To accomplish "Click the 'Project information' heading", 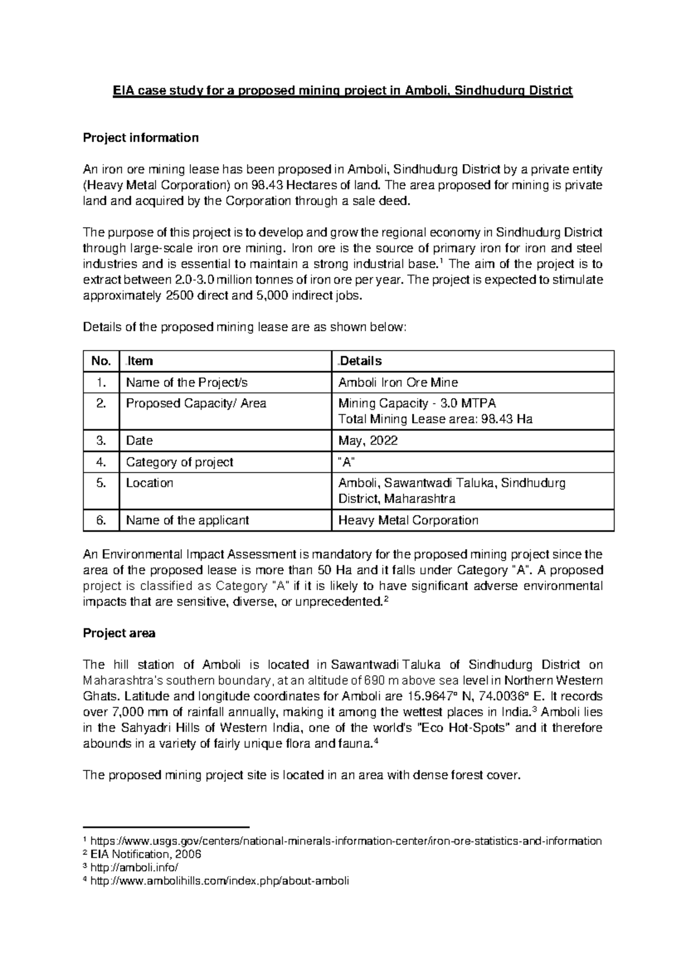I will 141,138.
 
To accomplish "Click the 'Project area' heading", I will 119,633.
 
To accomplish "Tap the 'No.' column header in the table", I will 101,361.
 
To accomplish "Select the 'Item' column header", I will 139,361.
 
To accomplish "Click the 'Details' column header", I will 361,361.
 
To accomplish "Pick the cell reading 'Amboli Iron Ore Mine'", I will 398,383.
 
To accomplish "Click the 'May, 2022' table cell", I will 368,440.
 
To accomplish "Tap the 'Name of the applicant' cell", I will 187,520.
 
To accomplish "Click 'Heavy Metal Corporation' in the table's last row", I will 408,520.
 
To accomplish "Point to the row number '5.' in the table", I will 101,483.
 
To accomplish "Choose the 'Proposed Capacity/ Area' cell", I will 196,403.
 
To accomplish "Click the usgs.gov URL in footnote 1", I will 346,841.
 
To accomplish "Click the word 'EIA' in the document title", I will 122,91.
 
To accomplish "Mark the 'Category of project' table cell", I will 179,462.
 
